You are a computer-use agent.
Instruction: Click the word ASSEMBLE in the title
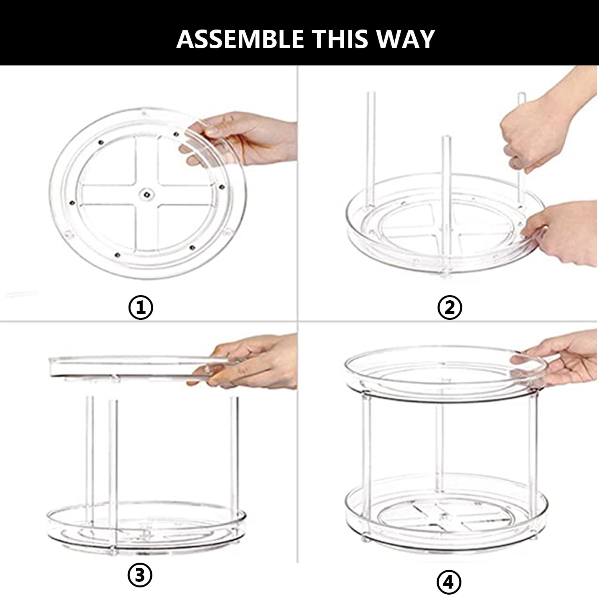tap(240, 39)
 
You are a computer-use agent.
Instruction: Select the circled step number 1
tap(141, 307)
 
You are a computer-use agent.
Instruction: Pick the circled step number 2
tap(450, 307)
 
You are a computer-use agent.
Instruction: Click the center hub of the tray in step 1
tap(147, 194)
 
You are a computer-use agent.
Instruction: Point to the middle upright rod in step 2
tap(446, 188)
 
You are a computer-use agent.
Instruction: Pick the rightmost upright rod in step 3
tap(234, 453)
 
